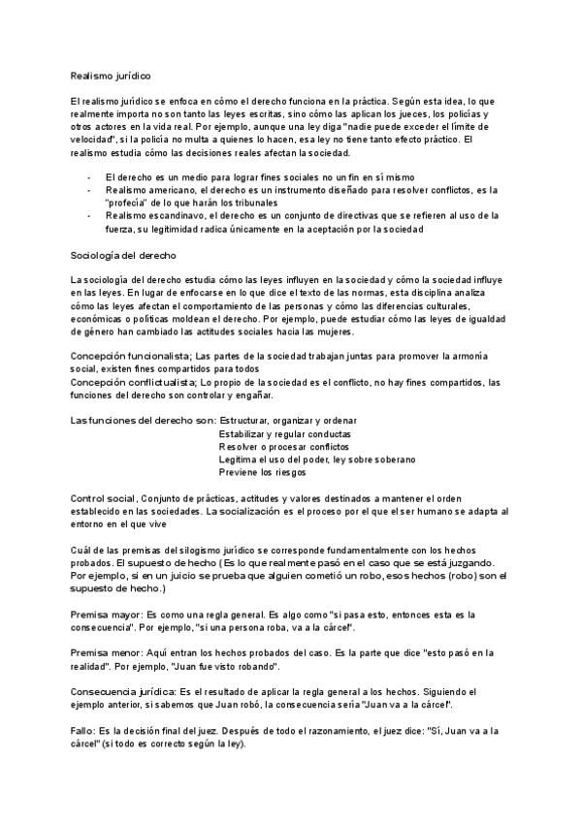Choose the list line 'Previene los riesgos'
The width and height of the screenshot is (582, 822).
point(263,474)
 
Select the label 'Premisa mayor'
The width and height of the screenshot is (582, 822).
point(107,615)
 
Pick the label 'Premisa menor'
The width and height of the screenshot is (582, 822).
point(107,652)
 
